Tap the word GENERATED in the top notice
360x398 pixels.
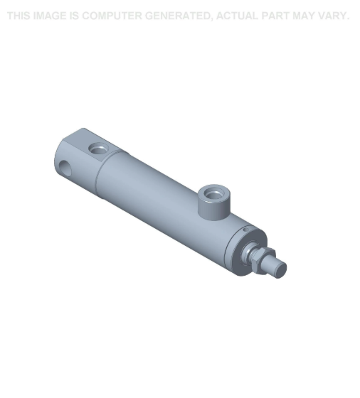point(177,16)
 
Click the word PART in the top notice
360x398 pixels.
point(279,16)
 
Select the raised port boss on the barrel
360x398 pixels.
point(211,202)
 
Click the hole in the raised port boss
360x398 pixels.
point(212,192)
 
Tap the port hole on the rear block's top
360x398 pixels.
point(97,149)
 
